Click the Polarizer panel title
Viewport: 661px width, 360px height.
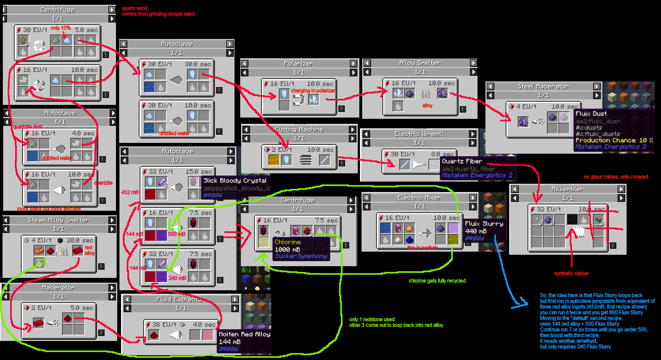click(298, 64)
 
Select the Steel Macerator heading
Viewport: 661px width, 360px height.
click(543, 87)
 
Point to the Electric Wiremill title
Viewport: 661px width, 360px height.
click(419, 134)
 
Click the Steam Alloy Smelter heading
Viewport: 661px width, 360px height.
click(59, 220)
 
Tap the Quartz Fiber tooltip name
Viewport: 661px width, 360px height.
click(462, 161)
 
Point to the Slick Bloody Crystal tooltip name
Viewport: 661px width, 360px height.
click(235, 180)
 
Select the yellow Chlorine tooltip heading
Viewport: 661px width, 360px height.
click(287, 242)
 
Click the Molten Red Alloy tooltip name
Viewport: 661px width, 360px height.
click(244, 334)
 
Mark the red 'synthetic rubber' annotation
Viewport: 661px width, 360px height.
click(571, 273)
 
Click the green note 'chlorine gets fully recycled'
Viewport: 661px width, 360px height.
click(437, 281)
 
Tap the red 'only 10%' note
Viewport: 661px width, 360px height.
click(61, 28)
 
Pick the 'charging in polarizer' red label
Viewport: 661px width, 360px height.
click(313, 91)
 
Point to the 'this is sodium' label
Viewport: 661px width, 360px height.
click(422, 248)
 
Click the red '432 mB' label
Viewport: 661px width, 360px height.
click(130, 192)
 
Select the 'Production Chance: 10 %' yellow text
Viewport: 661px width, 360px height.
click(614, 140)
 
